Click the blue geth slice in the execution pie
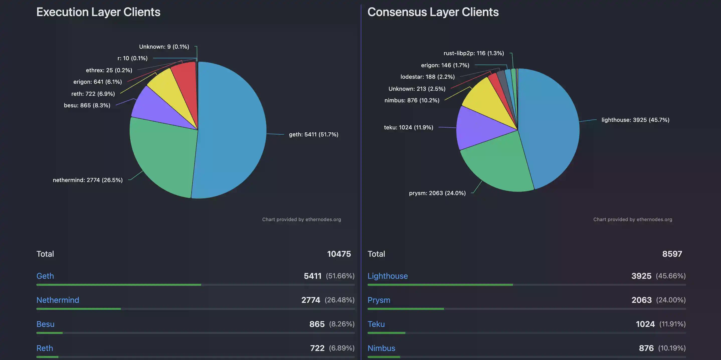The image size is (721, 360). [232, 132]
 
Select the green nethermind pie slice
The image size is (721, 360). [162, 157]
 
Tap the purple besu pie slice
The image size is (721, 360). [157, 108]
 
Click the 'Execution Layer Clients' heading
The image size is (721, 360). [98, 12]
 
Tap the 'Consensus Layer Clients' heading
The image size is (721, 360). [433, 12]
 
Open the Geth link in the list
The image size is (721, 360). [45, 276]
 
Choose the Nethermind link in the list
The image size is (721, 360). [58, 300]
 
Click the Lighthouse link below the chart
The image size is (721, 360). [387, 276]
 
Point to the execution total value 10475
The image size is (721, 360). [339, 254]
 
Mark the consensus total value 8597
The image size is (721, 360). [672, 254]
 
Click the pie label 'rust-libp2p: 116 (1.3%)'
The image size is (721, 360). [474, 53]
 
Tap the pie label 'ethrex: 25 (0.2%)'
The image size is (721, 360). [109, 70]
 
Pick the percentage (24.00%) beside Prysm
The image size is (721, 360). [671, 300]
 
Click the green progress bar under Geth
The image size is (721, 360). [119, 285]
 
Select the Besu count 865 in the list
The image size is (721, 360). [317, 324]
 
